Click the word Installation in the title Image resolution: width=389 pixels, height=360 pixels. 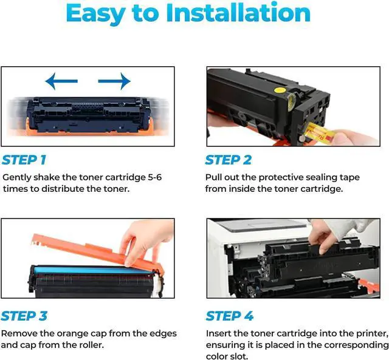click(238, 12)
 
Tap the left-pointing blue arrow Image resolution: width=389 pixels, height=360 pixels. click(61, 81)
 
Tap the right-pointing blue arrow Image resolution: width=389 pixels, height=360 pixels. click(114, 81)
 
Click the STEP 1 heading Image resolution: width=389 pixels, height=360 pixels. click(24, 160)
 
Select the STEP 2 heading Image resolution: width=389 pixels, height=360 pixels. click(229, 160)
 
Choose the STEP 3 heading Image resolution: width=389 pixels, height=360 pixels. click(24, 316)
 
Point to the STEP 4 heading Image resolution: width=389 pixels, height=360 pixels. click(230, 316)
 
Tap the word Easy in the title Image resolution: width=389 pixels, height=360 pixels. click(95, 13)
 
